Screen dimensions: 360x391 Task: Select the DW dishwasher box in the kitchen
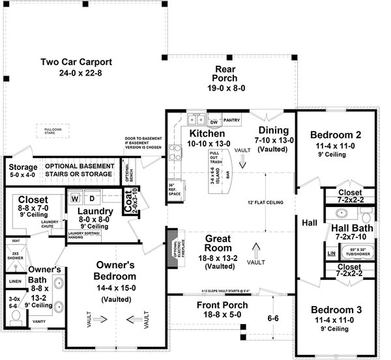(214, 121)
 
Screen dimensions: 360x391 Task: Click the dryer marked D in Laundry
(91, 197)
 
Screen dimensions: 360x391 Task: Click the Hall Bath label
(352, 232)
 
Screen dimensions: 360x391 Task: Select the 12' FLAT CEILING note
(270, 202)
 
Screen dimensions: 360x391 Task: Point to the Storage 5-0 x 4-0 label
(23, 171)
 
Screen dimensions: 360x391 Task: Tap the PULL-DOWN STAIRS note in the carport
(53, 131)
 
